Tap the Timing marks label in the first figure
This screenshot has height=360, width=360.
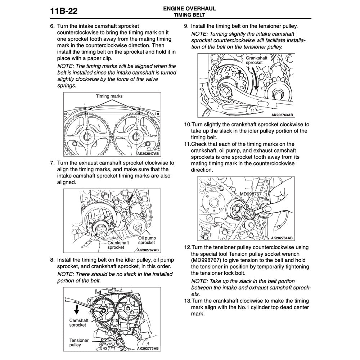pyautogui.click(x=109, y=96)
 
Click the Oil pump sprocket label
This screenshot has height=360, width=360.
pyautogui.click(x=146, y=240)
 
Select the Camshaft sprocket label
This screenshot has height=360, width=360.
pyautogui.click(x=77, y=322)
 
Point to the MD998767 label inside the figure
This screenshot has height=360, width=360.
pyautogui.click(x=251, y=194)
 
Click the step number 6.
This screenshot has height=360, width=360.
pyautogui.click(x=52, y=26)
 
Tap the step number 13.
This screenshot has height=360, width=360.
pyautogui.click(x=187, y=301)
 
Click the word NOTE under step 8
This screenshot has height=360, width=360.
pyautogui.click(x=66, y=274)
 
